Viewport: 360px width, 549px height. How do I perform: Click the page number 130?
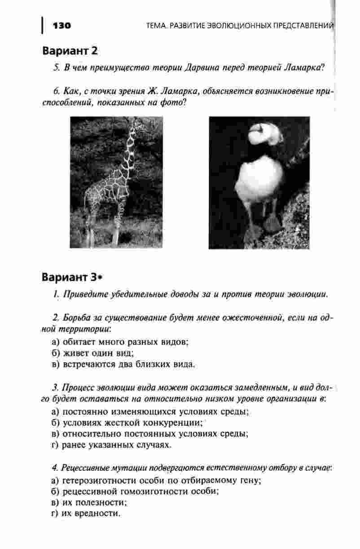pyautogui.click(x=62, y=25)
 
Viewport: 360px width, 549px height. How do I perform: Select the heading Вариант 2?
pyautogui.click(x=70, y=50)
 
